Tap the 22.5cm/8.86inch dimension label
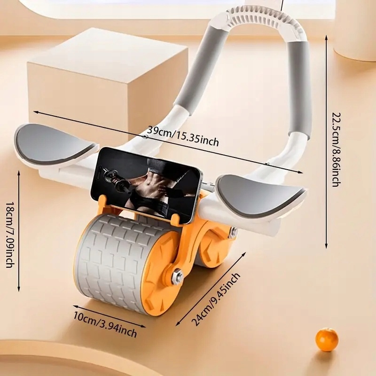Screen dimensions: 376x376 [335, 149]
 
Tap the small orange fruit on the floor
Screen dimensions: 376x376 [327, 339]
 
